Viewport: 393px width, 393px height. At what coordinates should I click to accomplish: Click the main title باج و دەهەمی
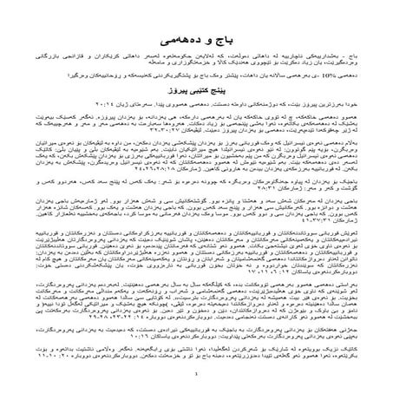tap(197, 40)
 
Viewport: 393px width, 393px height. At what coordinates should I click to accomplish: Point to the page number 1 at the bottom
tap(197, 375)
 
